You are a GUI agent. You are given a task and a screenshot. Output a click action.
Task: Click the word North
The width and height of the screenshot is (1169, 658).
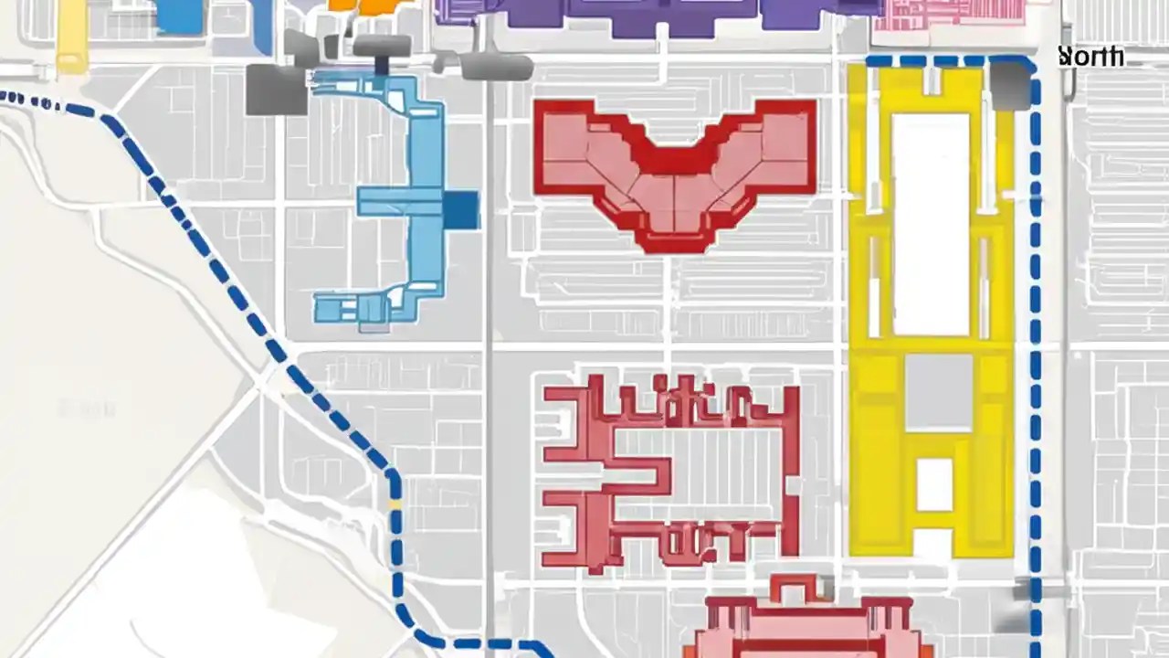(x=1091, y=57)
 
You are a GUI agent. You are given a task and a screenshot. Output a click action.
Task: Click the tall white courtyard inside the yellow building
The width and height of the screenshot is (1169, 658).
(x=931, y=224)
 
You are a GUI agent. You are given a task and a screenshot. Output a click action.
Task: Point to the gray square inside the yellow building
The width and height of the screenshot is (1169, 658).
(x=939, y=392)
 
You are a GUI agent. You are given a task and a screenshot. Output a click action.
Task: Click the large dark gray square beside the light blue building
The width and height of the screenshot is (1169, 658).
(x=276, y=90)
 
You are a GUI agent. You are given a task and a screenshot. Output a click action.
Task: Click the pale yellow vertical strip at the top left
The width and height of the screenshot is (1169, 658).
(x=71, y=37)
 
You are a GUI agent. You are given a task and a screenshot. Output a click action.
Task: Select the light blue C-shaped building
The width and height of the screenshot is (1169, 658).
(x=402, y=201)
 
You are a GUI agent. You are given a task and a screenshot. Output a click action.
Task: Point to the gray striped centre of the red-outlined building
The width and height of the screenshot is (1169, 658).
(x=699, y=475)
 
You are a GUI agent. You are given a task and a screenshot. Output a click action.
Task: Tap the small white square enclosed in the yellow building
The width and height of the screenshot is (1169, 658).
(x=934, y=484)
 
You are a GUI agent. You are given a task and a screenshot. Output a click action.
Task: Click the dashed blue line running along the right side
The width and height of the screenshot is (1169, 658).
(x=1036, y=366)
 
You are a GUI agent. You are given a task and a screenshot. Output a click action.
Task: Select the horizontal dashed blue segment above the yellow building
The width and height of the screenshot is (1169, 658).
(x=941, y=61)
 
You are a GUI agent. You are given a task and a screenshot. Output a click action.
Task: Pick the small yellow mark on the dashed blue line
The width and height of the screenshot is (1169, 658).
(x=395, y=504)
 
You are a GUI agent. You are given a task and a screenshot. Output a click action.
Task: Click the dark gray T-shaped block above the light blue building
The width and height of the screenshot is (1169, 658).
(x=382, y=49)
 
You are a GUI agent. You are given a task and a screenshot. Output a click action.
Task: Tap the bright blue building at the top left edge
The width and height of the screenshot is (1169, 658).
(x=180, y=16)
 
